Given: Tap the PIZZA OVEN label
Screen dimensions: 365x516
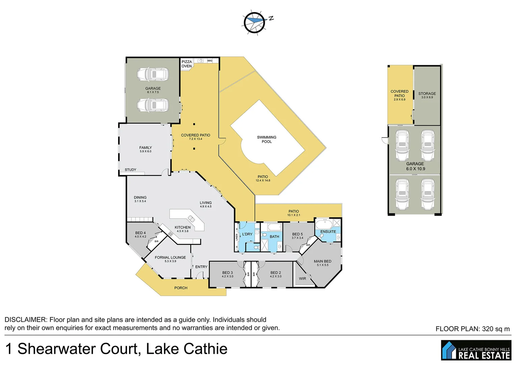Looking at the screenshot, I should coord(186,64).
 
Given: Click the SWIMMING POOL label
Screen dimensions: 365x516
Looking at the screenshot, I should coord(266,139).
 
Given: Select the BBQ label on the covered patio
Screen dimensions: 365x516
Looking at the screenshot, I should coord(210,61).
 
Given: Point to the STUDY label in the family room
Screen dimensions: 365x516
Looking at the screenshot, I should coord(130,170).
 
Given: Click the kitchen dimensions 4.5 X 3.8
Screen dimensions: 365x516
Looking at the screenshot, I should coord(182,231).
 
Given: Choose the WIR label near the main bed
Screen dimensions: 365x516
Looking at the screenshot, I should coord(302,278).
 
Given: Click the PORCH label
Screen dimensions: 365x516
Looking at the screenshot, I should coord(181,288).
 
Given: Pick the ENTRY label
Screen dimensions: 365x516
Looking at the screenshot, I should coord(201,267).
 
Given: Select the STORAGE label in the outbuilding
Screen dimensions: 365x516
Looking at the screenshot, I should coord(427,94).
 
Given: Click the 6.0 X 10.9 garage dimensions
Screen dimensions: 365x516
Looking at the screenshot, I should coord(415,169).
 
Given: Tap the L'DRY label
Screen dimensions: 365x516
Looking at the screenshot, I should coord(247,234).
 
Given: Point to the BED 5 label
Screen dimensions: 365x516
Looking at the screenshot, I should coord(297,234).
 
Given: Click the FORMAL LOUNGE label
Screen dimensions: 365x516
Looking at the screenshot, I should coord(170,257).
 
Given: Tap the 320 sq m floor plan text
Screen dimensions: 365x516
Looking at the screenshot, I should coord(495,329).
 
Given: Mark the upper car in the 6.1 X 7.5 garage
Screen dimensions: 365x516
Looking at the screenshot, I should coord(153,74).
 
